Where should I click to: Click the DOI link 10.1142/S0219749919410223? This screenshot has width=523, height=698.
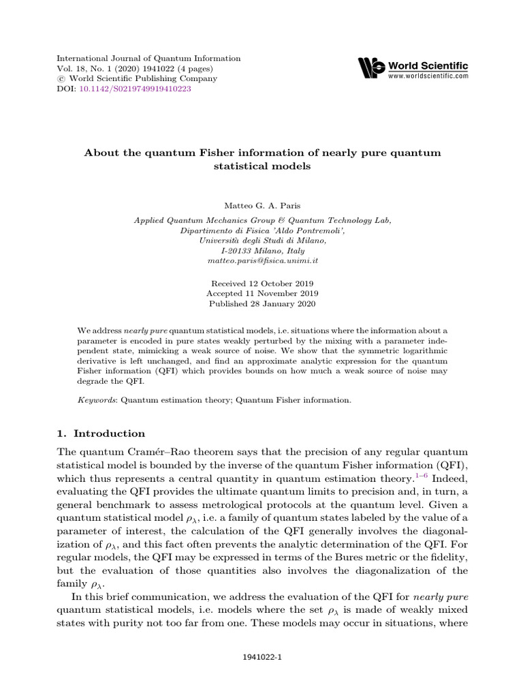click(133, 89)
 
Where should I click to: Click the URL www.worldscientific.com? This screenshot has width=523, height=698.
click(428, 76)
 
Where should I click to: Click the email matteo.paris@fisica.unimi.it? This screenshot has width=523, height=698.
click(262, 261)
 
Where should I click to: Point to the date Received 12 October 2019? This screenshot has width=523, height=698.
click(262, 282)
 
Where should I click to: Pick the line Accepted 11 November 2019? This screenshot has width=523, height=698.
click(262, 293)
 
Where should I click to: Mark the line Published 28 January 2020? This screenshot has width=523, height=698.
click(262, 304)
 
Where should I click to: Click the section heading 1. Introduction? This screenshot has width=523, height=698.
click(100, 434)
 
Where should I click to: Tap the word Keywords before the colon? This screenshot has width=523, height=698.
click(97, 400)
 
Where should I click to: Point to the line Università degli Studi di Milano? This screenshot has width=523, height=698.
click(262, 241)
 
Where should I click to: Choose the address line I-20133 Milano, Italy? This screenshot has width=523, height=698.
click(262, 251)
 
